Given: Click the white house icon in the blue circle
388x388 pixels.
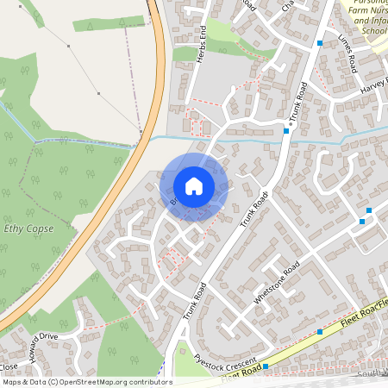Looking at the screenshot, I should click(x=194, y=186).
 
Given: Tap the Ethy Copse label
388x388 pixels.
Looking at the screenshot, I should click(x=28, y=228).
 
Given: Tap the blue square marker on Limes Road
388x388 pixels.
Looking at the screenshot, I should click(x=320, y=43).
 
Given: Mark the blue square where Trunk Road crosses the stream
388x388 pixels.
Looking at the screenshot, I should click(x=286, y=131).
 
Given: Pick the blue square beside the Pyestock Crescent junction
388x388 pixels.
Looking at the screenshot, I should click(x=266, y=366).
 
